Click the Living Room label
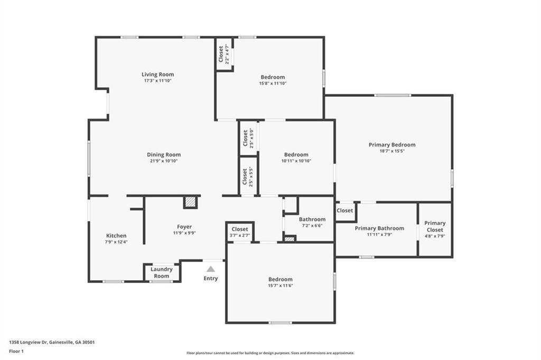coord(157,74)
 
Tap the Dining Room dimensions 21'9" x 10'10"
coord(164,161)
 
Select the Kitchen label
coord(116,236)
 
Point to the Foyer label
coord(184,227)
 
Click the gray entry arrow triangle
coord(211,269)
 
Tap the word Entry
coord(211,278)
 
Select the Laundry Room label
coord(162,272)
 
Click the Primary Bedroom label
coord(392,145)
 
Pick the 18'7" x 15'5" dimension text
coord(392,151)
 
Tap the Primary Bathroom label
coord(379,228)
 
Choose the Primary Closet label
coord(435,226)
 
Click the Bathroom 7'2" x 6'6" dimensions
coord(312,226)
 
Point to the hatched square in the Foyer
coord(190,202)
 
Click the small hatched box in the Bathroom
coord(289,238)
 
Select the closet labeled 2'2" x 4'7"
coord(223,54)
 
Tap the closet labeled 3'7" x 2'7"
coord(240,232)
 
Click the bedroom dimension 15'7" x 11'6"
coord(281,286)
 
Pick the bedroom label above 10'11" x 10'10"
coord(296,155)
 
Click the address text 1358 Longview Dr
coord(29,343)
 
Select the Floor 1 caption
coord(16,352)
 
